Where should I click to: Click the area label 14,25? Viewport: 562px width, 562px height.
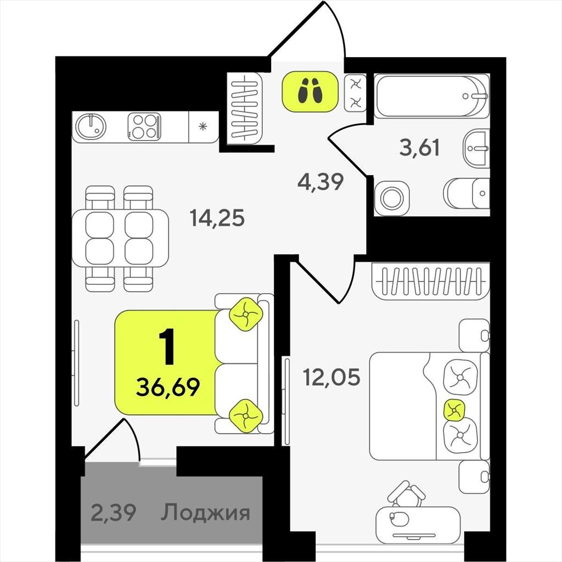217,218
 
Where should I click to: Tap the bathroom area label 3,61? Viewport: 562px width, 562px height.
419,148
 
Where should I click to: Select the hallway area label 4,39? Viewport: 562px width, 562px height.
321,182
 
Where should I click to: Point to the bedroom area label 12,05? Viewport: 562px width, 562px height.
331,377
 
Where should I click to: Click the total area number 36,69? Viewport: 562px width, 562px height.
168,387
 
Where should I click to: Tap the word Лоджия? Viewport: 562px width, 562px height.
205,513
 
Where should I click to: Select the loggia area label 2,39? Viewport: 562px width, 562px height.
113,513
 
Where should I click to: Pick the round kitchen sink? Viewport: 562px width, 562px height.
92,127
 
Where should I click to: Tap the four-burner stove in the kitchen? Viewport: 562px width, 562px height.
144,127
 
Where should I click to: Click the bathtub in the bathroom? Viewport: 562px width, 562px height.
431,95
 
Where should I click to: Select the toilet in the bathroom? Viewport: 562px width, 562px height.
467,193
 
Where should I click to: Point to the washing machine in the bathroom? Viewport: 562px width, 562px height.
391,198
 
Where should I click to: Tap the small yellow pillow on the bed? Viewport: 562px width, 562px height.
454,409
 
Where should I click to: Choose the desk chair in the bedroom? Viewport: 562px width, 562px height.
407,494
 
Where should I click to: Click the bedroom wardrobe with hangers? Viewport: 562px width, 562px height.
431,281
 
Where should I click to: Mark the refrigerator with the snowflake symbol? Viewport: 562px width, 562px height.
203,127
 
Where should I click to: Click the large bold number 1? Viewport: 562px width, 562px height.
167,347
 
